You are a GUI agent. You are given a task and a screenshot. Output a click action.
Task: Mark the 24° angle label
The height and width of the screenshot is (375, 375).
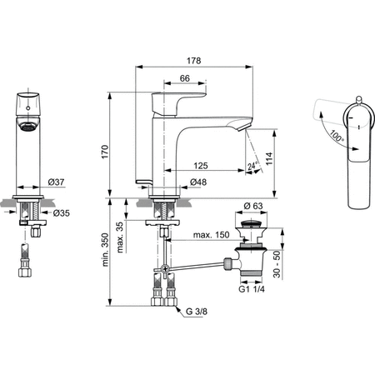tap(253, 167)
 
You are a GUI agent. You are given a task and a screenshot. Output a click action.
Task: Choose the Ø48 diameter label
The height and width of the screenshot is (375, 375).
tap(198, 182)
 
